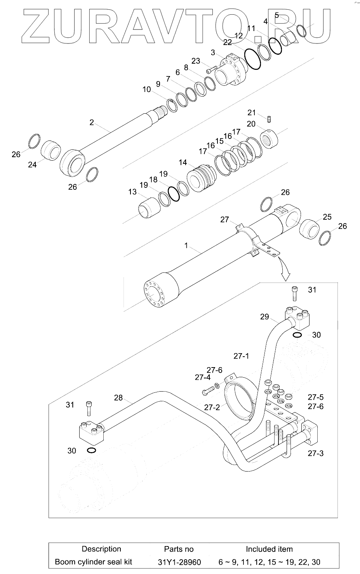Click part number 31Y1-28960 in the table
179,562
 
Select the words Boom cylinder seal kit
93,562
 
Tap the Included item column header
269,549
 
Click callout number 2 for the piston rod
92,122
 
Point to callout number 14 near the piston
183,162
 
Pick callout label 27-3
315,453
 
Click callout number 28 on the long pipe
118,397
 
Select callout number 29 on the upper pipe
264,317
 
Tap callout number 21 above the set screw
252,113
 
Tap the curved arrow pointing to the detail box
285,272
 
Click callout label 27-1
241,356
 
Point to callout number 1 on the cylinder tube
186,246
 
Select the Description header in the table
101,549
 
